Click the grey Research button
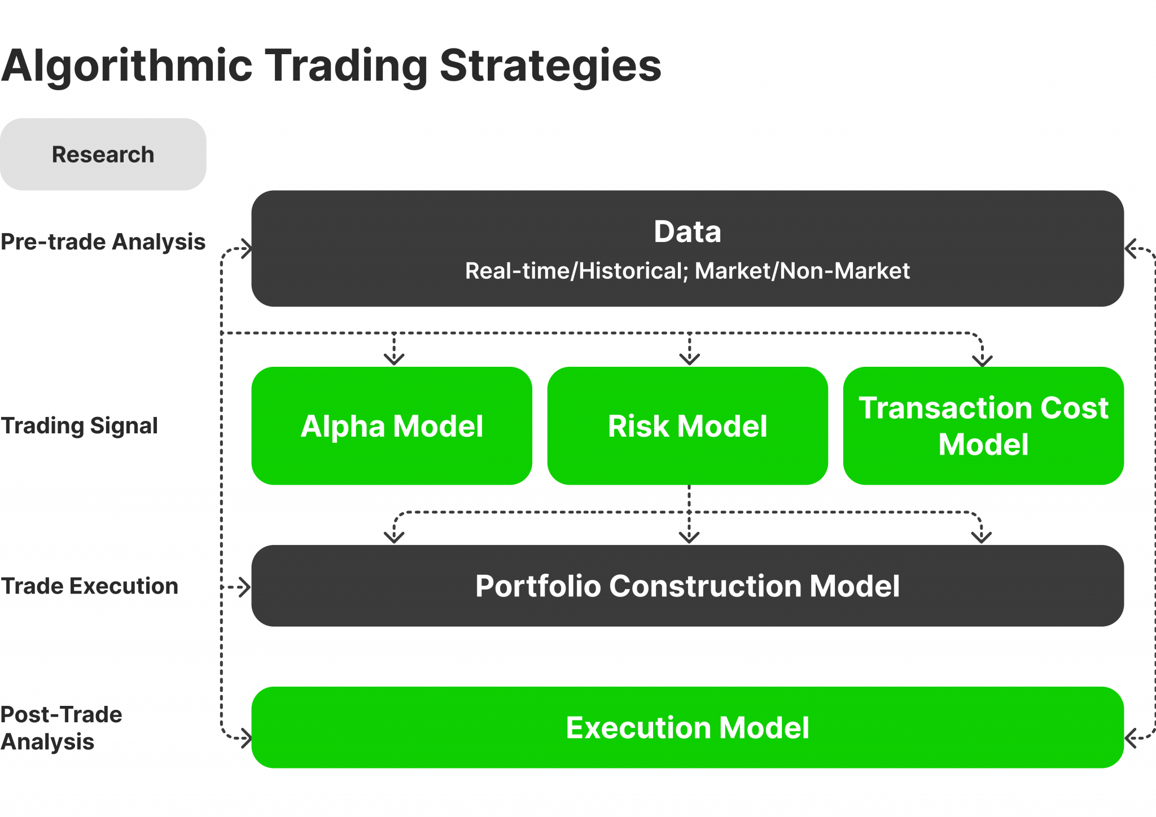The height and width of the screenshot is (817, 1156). pyautogui.click(x=103, y=154)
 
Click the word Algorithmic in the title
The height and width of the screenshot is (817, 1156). pyautogui.click(x=126, y=66)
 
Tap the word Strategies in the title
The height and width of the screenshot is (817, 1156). pyautogui.click(x=550, y=66)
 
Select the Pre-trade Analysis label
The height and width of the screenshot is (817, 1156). pyautogui.click(x=103, y=242)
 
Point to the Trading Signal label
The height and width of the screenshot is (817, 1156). pyautogui.click(x=79, y=426)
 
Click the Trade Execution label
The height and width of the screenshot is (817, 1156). pyautogui.click(x=89, y=586)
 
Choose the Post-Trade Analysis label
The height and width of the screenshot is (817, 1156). pyautogui.click(x=61, y=728)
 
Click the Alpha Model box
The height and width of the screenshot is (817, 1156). pyautogui.click(x=392, y=426)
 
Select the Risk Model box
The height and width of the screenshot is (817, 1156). pyautogui.click(x=687, y=426)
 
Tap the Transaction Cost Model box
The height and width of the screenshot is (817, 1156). pyautogui.click(x=983, y=426)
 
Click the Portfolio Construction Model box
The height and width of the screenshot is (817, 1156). pyautogui.click(x=687, y=586)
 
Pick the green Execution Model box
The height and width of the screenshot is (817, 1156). pyautogui.click(x=687, y=728)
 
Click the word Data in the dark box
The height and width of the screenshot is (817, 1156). pyautogui.click(x=687, y=232)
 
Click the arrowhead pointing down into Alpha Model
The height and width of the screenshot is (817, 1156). pyautogui.click(x=394, y=359)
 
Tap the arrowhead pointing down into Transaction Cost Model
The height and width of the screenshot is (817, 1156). pyautogui.click(x=982, y=360)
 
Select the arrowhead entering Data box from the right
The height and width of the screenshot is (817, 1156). pyautogui.click(x=1131, y=248)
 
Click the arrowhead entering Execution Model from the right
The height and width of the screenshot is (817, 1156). pyautogui.click(x=1131, y=738)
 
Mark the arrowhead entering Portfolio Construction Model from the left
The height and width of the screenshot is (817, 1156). pyautogui.click(x=244, y=587)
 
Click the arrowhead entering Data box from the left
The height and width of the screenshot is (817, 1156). pyautogui.click(x=246, y=248)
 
